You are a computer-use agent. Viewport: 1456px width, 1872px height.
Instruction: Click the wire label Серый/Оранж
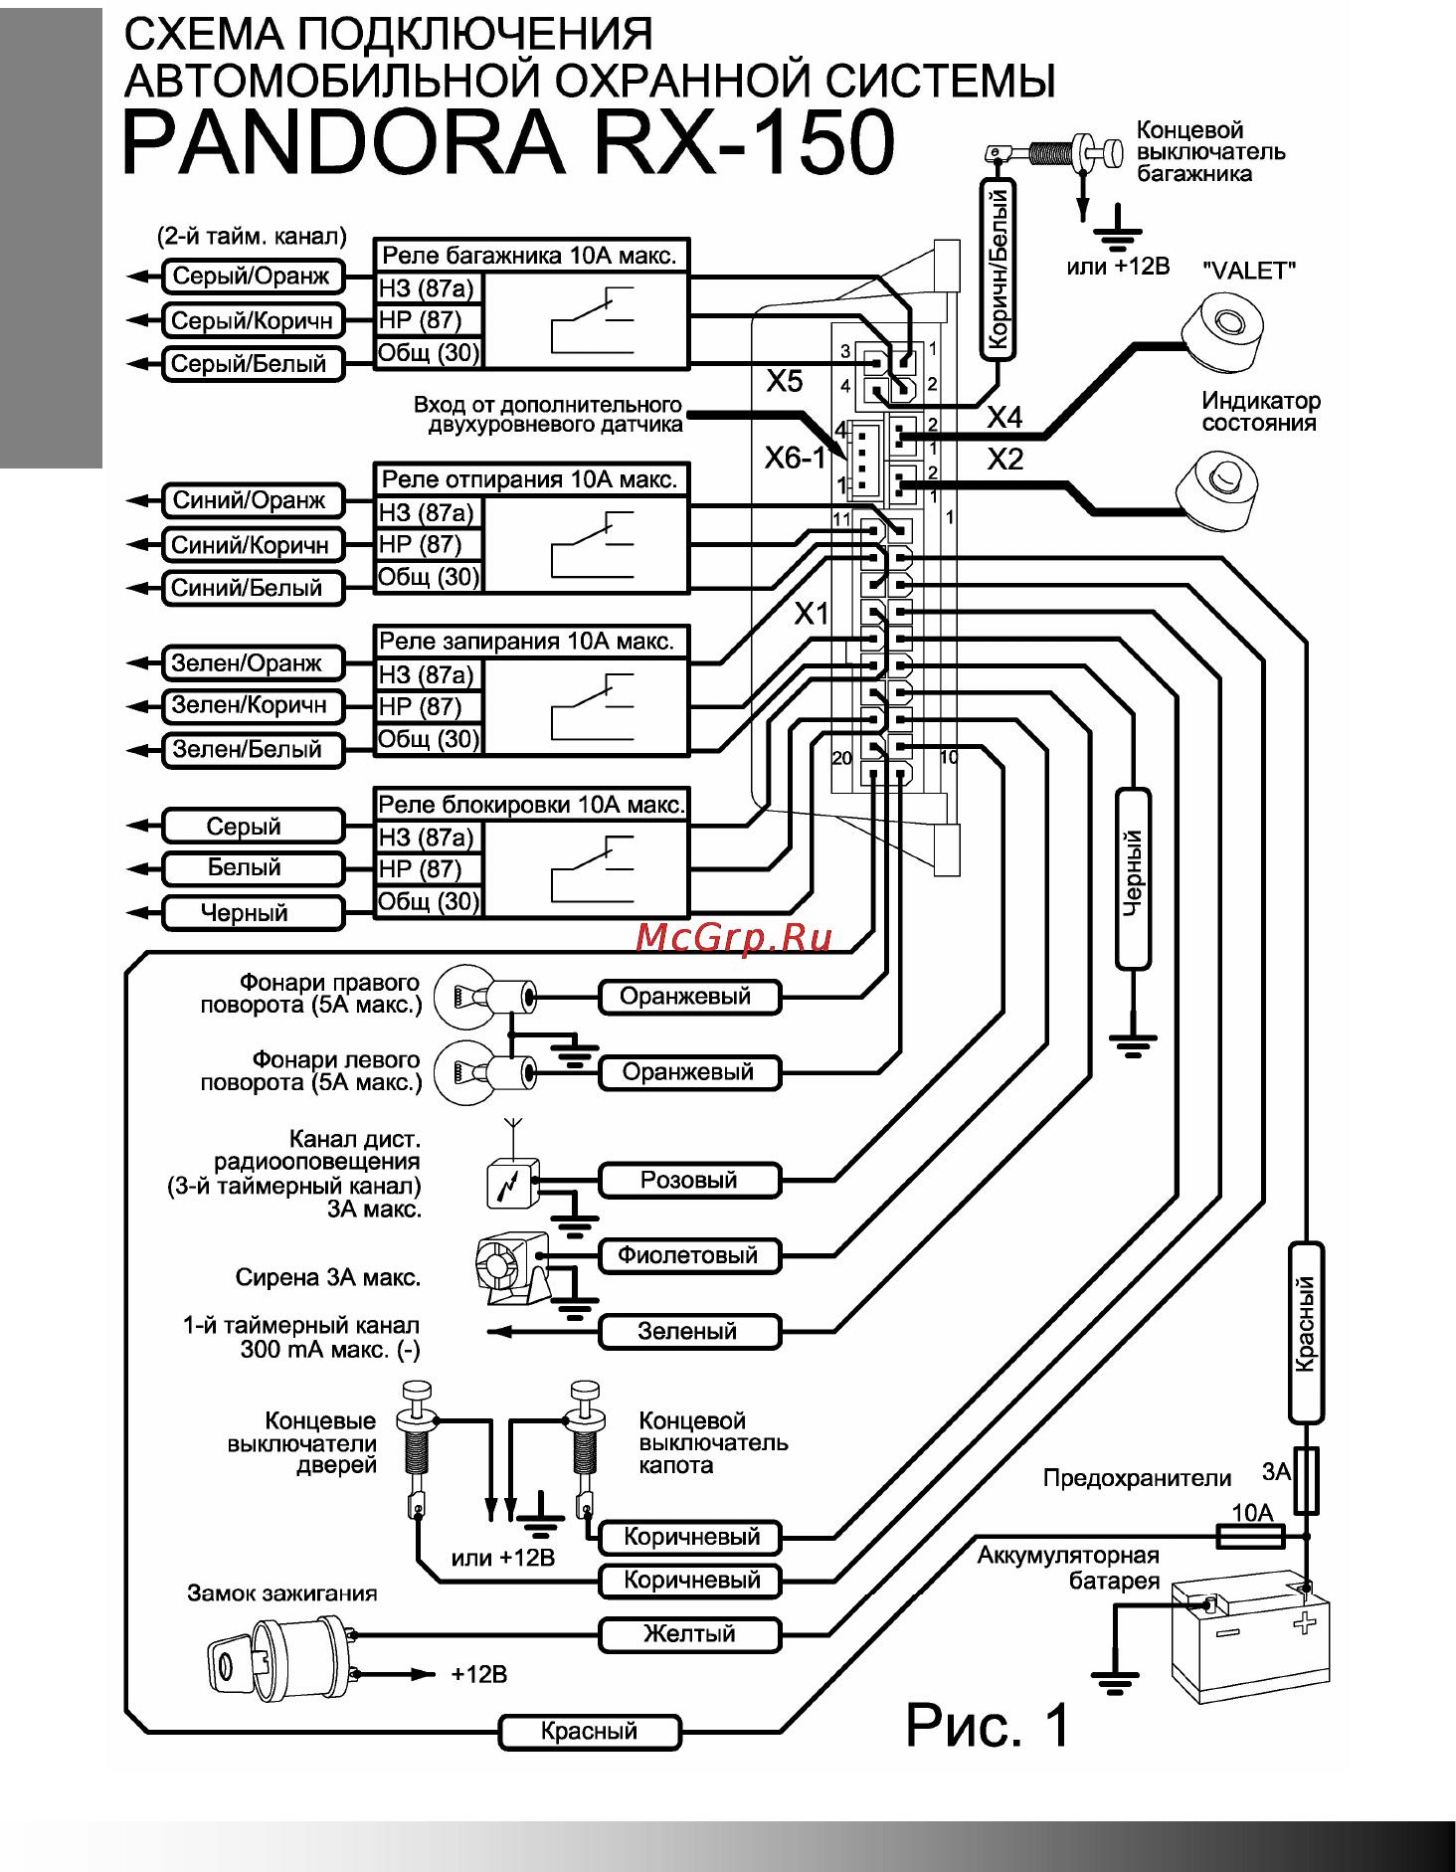(x=252, y=277)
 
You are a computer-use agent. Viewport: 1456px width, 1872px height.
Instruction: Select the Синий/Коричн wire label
(x=251, y=545)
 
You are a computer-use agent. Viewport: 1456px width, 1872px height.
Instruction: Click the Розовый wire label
(x=689, y=1181)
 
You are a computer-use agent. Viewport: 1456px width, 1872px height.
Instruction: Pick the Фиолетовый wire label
(x=689, y=1256)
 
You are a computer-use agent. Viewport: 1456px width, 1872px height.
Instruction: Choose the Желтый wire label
(x=689, y=1634)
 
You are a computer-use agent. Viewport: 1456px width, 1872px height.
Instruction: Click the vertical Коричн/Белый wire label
(x=999, y=269)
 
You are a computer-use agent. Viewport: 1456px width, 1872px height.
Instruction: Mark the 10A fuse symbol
(x=1251, y=1537)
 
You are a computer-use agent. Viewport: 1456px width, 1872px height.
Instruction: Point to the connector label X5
(x=785, y=382)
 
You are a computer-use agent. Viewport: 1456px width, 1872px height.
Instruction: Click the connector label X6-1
(x=795, y=459)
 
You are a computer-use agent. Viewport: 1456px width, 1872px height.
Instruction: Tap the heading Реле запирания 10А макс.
(x=528, y=642)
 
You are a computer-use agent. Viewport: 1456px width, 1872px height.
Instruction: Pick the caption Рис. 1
(x=987, y=1726)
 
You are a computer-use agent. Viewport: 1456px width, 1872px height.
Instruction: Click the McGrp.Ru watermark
(x=734, y=937)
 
